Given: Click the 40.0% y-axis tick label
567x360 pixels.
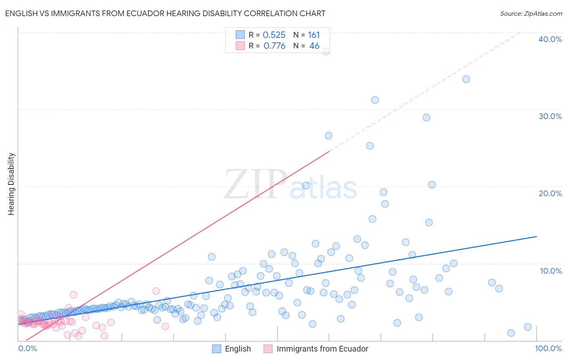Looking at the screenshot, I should click(550, 39).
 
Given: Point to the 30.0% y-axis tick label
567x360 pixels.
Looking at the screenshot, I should click(550, 116).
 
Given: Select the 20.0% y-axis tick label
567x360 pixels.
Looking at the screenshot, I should click(550, 193).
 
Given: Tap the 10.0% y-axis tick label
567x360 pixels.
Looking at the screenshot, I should click(551, 271).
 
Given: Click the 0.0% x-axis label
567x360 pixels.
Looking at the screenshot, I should click(27, 348).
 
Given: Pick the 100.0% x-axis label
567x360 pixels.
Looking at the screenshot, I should click(548, 348).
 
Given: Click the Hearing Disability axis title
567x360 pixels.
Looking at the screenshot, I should click(11, 184).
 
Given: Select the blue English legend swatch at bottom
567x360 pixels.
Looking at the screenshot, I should click(217, 349).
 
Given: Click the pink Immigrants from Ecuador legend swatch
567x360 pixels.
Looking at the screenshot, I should click(268, 349).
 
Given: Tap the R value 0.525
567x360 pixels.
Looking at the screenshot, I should click(274, 35).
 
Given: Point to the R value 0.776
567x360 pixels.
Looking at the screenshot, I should click(274, 46).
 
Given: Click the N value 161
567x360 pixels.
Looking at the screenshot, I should click(314, 35).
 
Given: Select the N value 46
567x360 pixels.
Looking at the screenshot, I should click(314, 46).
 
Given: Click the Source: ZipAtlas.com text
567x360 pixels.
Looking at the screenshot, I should click(531, 14).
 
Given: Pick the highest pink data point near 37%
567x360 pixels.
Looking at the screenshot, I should click(326, 51).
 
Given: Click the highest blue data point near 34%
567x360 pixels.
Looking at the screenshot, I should click(466, 79).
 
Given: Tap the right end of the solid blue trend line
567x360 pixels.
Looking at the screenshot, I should click(537, 237).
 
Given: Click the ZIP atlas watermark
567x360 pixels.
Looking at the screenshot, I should click(290, 184).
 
